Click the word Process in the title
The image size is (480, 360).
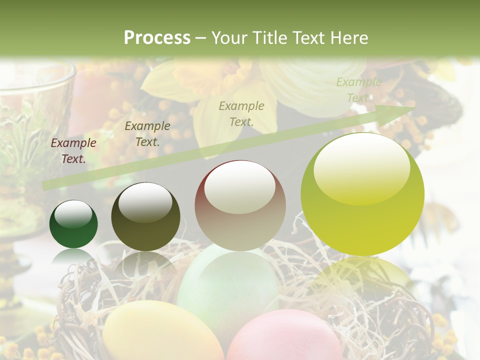click(157, 38)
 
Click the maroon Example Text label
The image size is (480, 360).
click(73, 151)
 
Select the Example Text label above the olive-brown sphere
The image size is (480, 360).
click(147, 134)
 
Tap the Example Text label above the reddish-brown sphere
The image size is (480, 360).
click(241, 113)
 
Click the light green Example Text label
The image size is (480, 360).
click(358, 90)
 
